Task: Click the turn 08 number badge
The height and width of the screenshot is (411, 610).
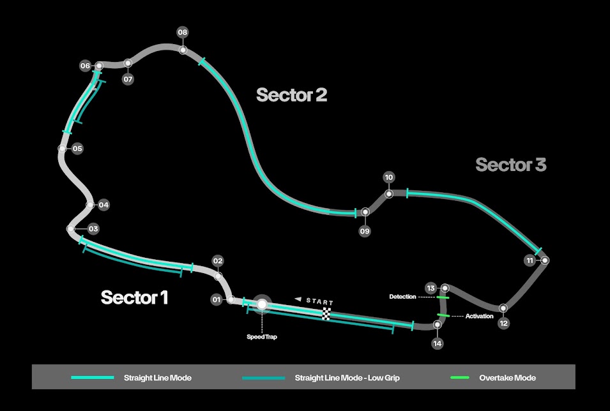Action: click(183, 32)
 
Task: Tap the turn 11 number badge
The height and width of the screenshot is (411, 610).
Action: click(530, 260)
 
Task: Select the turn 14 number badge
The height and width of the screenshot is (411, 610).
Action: click(437, 343)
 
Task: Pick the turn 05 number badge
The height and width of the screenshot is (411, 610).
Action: click(77, 149)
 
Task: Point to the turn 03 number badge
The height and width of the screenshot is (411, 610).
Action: click(93, 228)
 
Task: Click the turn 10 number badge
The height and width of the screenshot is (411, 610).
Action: click(389, 177)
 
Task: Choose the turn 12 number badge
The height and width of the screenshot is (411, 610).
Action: click(504, 323)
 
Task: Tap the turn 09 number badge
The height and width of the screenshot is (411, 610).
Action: click(365, 231)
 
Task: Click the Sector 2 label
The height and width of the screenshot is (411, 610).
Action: click(291, 95)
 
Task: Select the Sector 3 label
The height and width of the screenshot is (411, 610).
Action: click(510, 165)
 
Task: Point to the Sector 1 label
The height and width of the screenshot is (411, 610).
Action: click(134, 297)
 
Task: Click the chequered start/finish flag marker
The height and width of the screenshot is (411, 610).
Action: click(327, 313)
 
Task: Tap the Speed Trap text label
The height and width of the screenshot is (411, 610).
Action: click(261, 336)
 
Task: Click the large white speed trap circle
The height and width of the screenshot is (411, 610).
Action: click(262, 304)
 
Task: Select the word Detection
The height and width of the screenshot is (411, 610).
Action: click(402, 297)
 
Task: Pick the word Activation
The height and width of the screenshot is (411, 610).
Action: click(479, 316)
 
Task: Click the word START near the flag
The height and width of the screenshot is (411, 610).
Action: click(320, 301)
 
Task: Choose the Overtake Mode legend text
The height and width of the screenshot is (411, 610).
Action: click(507, 378)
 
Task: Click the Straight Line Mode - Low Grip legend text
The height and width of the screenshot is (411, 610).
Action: click(347, 378)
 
